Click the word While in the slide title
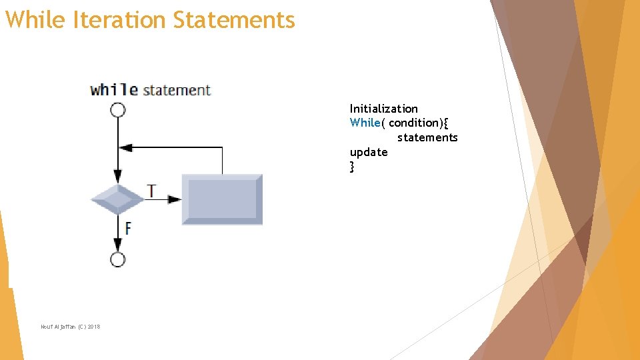click(x=35, y=20)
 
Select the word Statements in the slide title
click(x=234, y=20)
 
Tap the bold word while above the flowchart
click(x=114, y=90)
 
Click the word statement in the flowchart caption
click(x=177, y=90)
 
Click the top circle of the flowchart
click(x=118, y=110)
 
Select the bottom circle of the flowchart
click(x=118, y=259)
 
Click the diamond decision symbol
click(x=118, y=199)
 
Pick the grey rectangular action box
click(x=222, y=199)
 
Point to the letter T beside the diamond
click(x=152, y=191)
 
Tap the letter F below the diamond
click(x=127, y=228)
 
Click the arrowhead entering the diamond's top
click(x=118, y=177)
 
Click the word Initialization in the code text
click(x=384, y=109)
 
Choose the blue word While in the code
click(x=365, y=123)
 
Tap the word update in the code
click(x=369, y=152)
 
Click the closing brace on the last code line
click(x=352, y=167)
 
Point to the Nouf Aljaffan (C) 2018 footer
click(x=70, y=326)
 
